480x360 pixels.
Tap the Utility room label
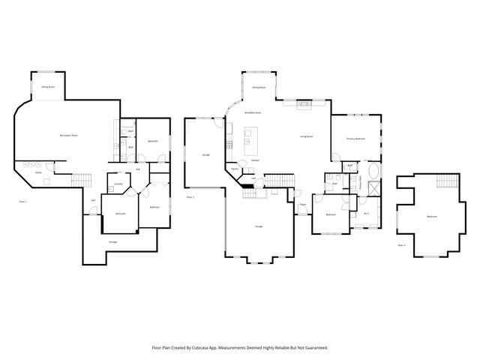click(37, 172)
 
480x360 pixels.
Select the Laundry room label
click(118, 184)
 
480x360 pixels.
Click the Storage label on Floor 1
click(112, 241)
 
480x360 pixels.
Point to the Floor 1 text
click(22, 201)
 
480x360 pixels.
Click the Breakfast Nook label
click(253, 112)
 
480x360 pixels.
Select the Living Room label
click(306, 136)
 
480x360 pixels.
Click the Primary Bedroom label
click(355, 139)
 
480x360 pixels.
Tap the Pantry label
click(235, 169)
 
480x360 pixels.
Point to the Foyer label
click(302, 204)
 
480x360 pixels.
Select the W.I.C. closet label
click(367, 214)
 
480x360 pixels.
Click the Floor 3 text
click(402, 244)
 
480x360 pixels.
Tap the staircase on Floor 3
click(445, 184)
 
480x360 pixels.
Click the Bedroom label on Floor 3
click(431, 217)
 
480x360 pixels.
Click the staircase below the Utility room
click(81, 180)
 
